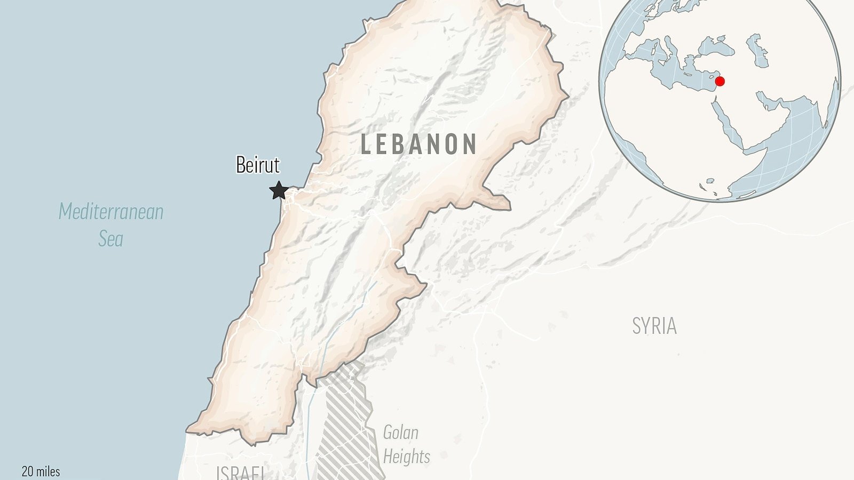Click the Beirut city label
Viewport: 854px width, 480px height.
(258, 165)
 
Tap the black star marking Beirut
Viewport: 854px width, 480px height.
(279, 190)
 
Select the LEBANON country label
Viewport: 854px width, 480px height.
(418, 145)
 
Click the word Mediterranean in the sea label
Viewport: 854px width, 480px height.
(111, 212)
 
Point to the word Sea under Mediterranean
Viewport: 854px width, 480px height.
(110, 238)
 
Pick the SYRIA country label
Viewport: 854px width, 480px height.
(654, 326)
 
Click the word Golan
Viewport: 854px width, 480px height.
(400, 433)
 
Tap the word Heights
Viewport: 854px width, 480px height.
(406, 457)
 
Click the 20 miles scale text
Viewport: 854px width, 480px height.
(41, 471)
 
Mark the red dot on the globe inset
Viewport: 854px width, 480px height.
(719, 82)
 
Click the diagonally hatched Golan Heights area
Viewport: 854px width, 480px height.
(344, 421)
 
